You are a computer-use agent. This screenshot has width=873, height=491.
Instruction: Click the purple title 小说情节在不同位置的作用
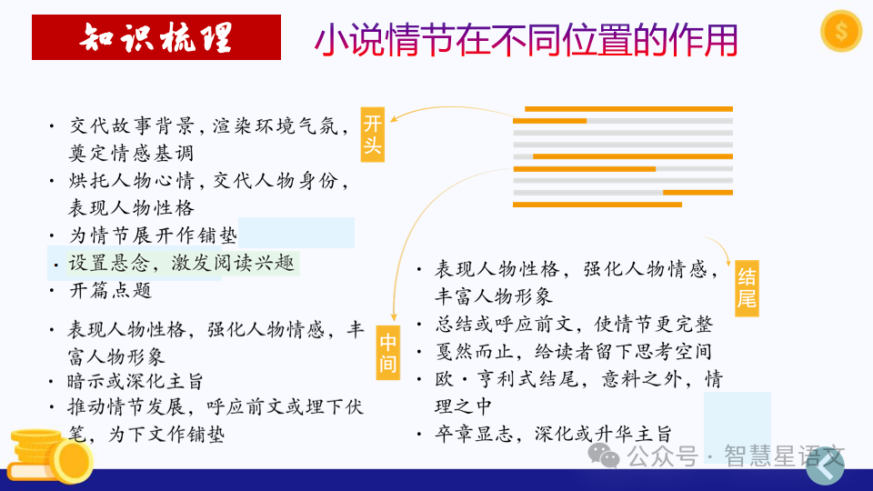526,39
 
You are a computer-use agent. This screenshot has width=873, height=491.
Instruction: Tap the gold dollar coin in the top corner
840,32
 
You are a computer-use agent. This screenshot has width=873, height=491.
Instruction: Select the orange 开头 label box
373,135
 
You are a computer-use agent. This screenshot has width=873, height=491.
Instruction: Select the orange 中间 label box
388,354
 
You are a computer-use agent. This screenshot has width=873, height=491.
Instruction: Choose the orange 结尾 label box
747,287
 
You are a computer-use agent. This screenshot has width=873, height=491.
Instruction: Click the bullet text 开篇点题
110,291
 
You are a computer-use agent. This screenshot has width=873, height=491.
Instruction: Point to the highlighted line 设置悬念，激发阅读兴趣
182,264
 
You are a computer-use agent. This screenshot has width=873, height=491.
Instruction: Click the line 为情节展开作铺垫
153,235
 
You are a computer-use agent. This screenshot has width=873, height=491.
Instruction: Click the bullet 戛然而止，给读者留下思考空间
573,351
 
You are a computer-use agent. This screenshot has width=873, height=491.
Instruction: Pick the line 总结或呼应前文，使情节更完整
574,324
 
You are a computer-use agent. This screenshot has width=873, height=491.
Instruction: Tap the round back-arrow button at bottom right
826,466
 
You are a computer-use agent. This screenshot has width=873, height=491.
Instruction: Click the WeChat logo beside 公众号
603,455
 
